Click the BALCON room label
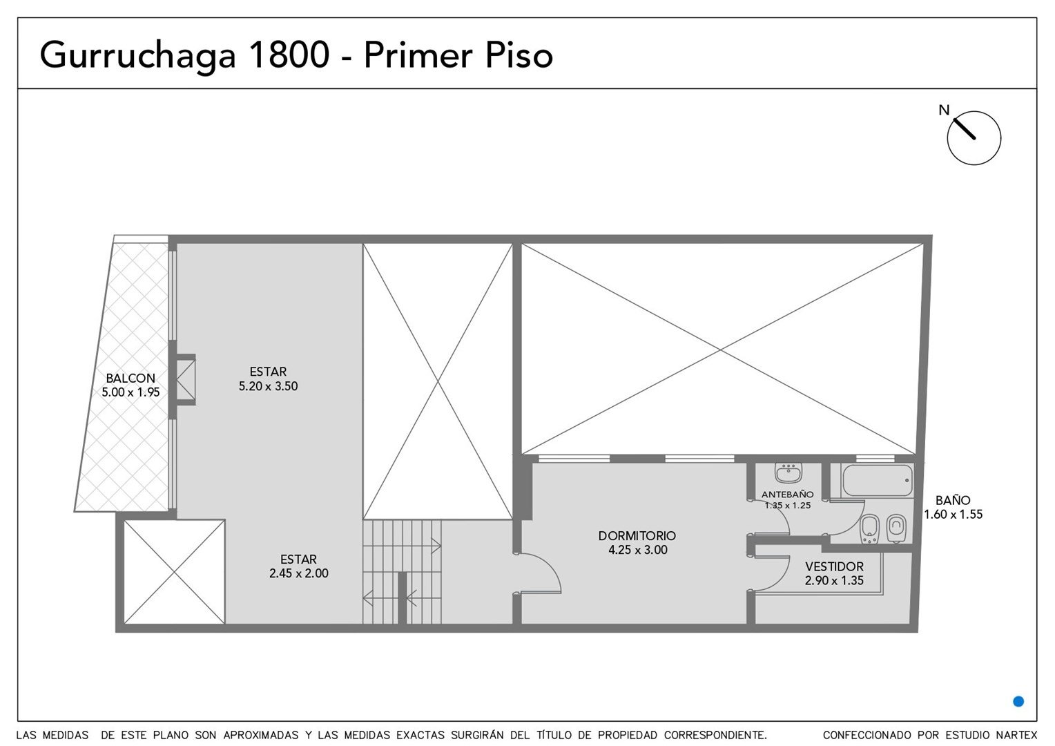tap(130, 378)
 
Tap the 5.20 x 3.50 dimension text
tap(268, 386)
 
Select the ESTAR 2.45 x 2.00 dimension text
tap(298, 573)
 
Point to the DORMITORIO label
tap(637, 535)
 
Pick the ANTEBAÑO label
tap(788, 495)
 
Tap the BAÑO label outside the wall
tap(953, 500)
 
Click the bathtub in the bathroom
tap(877, 480)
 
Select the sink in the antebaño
tap(788, 472)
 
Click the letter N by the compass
tap(944, 111)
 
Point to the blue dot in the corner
tap(1018, 702)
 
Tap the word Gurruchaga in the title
tap(137, 57)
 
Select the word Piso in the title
tap(519, 55)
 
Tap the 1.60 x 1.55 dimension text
tap(954, 514)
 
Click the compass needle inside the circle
tap(964, 128)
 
